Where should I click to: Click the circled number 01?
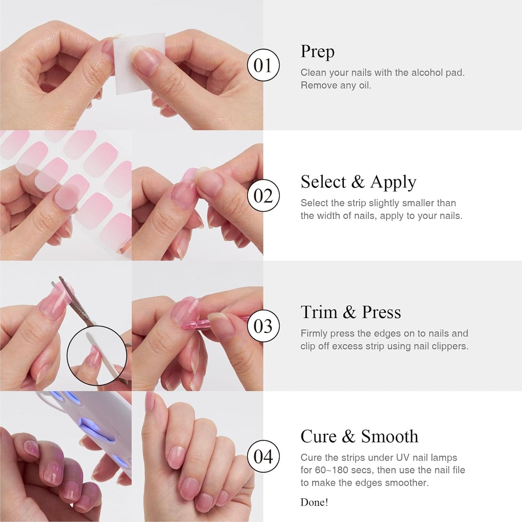pos(263,65)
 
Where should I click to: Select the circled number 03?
pos(263,326)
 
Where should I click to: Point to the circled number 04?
pos(263,456)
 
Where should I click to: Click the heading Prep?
pos(317,52)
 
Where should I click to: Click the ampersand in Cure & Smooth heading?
pos(348,436)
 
